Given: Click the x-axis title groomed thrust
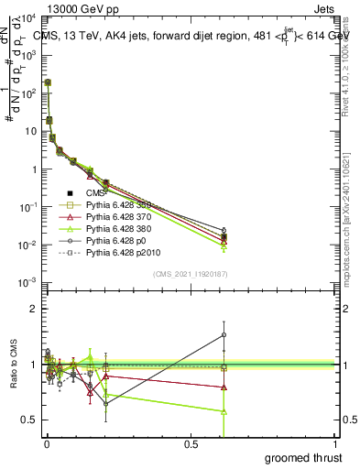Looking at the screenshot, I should pyautogui.click(x=304, y=457).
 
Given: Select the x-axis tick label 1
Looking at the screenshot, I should pyautogui.click(x=338, y=443).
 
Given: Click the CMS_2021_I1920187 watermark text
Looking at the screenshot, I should pyautogui.click(x=191, y=274).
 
